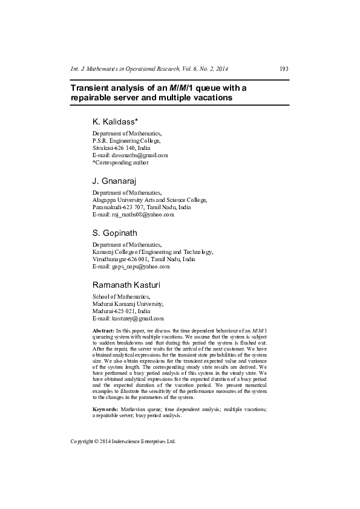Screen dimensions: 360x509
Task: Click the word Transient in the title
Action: tap(90, 88)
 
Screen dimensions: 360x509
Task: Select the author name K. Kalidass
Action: tap(116, 122)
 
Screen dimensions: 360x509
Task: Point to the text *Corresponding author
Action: tap(120, 162)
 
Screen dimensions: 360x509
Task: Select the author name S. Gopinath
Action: tap(114, 233)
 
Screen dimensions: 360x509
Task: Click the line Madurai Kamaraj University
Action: tap(128, 303)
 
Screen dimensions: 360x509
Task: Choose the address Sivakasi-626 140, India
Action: tap(122, 148)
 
